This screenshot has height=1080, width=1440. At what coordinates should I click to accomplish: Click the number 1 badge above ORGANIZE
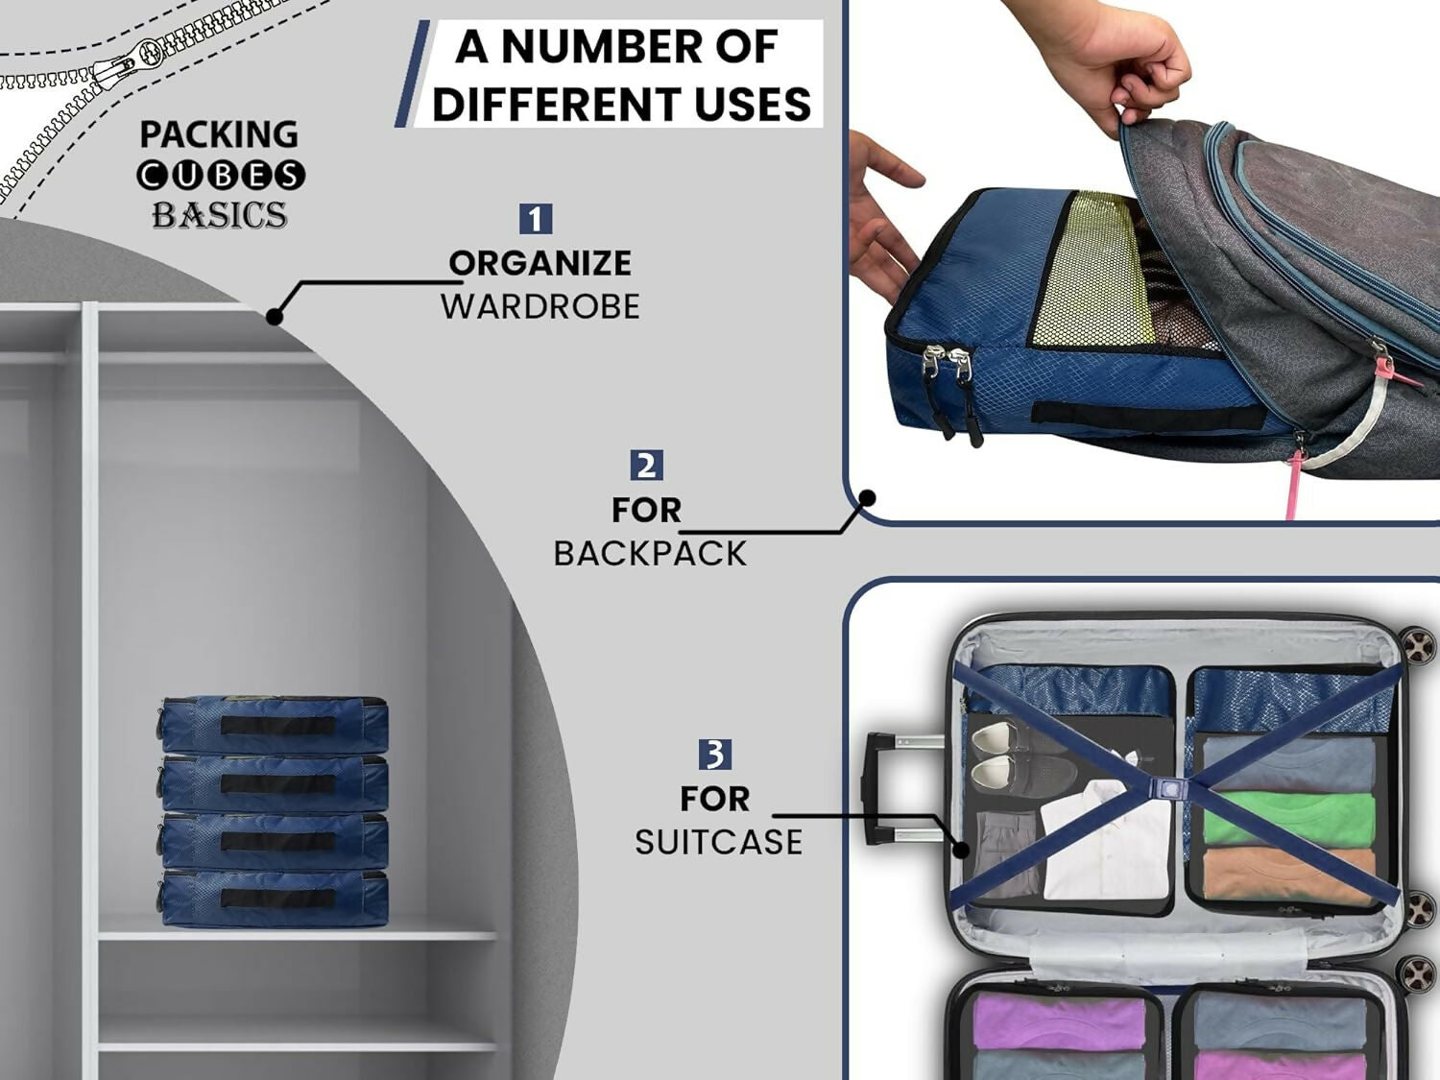[x=535, y=219]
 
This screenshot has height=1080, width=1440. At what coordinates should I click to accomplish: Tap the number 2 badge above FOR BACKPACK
[x=646, y=466]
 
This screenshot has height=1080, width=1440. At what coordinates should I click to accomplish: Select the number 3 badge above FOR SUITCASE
[x=714, y=755]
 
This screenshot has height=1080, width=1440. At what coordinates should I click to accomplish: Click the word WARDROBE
[x=540, y=306]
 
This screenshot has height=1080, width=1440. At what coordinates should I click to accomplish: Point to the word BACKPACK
[x=650, y=554]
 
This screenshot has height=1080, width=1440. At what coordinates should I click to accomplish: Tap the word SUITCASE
[x=718, y=842]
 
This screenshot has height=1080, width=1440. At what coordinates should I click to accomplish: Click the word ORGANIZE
[x=540, y=263]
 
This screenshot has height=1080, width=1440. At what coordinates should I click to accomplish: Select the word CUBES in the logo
[x=221, y=176]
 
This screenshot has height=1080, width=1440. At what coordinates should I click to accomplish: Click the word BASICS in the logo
[x=220, y=215]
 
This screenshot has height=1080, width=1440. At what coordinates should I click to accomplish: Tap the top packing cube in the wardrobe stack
[x=275, y=724]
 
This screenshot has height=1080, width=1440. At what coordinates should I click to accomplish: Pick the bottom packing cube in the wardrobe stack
[x=275, y=899]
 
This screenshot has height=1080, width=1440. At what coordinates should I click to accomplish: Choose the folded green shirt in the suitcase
[x=1286, y=816]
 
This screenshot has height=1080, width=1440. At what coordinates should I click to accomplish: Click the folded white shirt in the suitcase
[x=1104, y=845]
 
